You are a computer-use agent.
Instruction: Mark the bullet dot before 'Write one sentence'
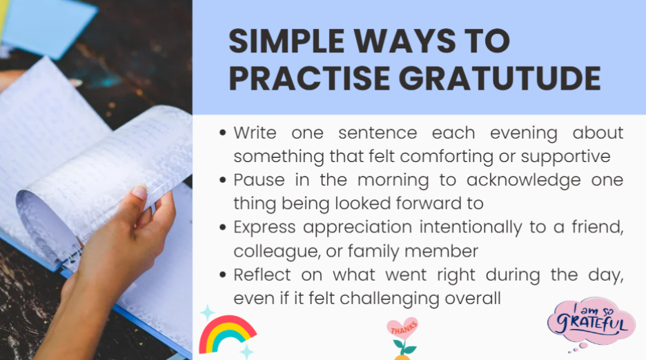(x=222, y=133)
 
